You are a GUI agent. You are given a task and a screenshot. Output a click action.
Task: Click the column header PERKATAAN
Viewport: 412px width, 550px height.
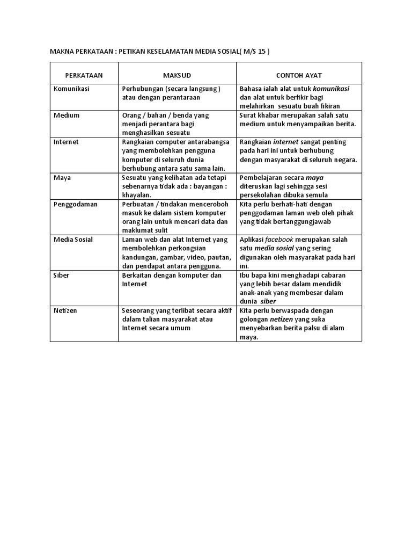(x=84, y=75)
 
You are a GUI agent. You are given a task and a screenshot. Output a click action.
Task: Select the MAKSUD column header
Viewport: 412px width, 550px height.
(x=177, y=75)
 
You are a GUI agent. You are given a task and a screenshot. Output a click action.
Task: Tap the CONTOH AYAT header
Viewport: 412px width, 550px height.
(x=299, y=75)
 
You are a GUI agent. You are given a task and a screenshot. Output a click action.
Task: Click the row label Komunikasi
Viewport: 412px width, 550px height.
(x=71, y=89)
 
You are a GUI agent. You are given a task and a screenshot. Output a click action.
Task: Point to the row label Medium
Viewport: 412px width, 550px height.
(x=67, y=115)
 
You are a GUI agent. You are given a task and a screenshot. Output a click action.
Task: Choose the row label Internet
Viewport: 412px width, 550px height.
(x=66, y=142)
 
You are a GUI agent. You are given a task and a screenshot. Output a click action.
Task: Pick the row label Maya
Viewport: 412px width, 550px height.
(x=62, y=177)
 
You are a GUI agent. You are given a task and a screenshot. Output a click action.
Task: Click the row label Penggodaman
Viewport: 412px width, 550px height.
(x=75, y=204)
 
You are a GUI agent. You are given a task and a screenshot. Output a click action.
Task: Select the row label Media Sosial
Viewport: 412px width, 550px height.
(x=73, y=240)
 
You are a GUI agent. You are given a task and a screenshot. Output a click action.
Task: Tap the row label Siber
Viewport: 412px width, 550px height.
(x=62, y=275)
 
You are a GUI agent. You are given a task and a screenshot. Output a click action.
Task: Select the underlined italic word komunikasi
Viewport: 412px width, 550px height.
(x=331, y=89)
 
